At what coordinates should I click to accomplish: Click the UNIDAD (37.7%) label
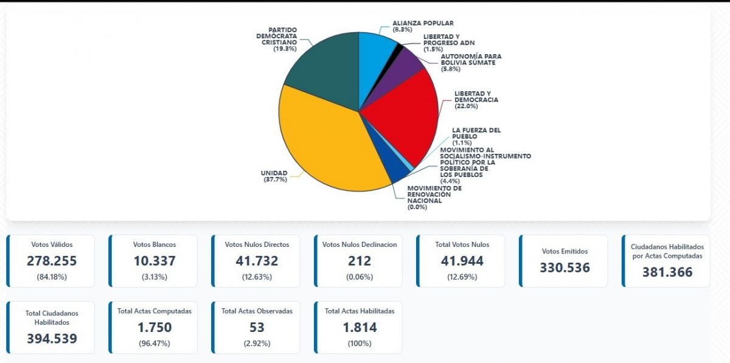pyautogui.click(x=274, y=176)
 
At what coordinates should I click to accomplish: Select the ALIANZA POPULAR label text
pyautogui.click(x=423, y=23)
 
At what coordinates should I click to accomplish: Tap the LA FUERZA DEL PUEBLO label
pyautogui.click(x=476, y=133)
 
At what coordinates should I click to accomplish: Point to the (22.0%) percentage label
pyautogui.click(x=467, y=106)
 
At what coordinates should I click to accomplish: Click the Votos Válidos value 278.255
pyautogui.click(x=52, y=261)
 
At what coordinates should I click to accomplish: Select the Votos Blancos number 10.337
pyautogui.click(x=154, y=261)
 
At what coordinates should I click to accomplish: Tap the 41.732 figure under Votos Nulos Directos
pyautogui.click(x=257, y=261)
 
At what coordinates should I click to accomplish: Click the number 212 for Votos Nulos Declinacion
pyautogui.click(x=359, y=261)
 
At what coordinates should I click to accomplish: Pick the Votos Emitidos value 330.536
pyautogui.click(x=565, y=267)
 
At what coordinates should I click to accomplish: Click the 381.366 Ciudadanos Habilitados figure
pyautogui.click(x=667, y=272)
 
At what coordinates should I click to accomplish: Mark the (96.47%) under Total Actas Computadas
pyautogui.click(x=155, y=343)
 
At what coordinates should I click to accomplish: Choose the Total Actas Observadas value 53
pyautogui.click(x=257, y=327)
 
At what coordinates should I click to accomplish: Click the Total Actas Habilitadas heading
pyautogui.click(x=360, y=311)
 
